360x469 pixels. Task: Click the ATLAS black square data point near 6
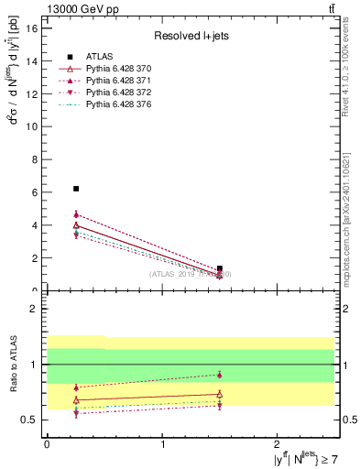(76, 189)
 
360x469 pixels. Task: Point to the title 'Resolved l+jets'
(190, 36)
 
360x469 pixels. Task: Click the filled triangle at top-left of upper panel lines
(76, 214)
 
